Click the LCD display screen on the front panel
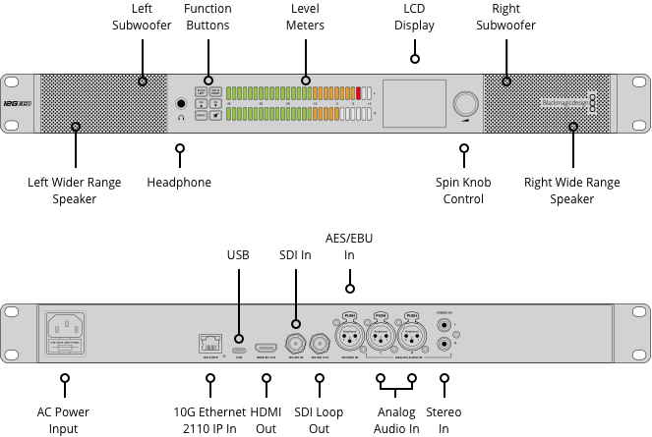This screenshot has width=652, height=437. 413,103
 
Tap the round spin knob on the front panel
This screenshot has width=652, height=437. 462,104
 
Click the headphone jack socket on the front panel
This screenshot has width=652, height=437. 181,103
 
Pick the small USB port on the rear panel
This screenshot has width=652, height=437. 238,348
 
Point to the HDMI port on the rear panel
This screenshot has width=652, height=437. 266,348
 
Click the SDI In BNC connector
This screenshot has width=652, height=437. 294,344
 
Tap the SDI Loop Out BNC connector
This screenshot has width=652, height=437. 320,344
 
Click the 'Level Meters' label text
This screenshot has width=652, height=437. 305,17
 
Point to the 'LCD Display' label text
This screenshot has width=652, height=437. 414,17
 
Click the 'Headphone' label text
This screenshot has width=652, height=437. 179,182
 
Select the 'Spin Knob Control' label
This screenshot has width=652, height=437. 463,191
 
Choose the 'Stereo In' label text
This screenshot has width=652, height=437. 445,420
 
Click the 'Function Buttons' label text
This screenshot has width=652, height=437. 207,17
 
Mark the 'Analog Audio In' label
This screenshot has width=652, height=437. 396,420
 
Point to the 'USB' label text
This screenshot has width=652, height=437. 239,254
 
